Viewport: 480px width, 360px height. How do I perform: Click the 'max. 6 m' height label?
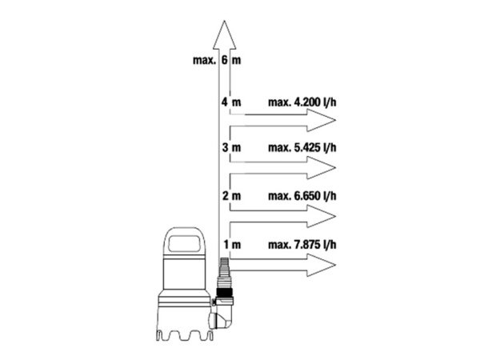click(217, 60)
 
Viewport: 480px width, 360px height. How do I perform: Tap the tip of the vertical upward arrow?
click(224, 21)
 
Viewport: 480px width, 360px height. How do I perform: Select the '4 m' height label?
click(231, 102)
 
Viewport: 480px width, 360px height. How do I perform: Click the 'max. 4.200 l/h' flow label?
click(302, 102)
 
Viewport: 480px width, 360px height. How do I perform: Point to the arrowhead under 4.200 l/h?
click(322, 120)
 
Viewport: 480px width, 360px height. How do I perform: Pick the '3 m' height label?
click(231, 147)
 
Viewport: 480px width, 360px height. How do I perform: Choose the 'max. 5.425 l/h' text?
click(302, 147)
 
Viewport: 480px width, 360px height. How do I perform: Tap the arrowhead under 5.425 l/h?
click(322, 168)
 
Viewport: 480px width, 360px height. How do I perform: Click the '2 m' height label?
click(231, 196)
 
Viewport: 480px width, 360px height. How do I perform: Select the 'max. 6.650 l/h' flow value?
click(302, 196)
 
